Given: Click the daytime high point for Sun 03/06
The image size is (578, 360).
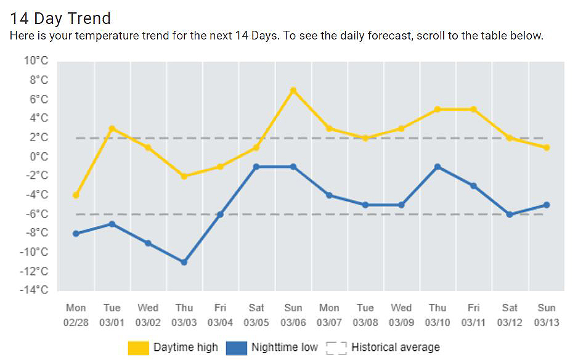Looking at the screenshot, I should click(293, 91).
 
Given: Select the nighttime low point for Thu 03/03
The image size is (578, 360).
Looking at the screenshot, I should click(184, 262).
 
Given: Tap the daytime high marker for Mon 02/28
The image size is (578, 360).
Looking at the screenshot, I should click(76, 195).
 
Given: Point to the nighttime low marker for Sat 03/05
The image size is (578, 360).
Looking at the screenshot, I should click(256, 167).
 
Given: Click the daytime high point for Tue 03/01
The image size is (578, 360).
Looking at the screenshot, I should click(112, 128).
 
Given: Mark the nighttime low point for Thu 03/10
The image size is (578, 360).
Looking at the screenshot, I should click(438, 167).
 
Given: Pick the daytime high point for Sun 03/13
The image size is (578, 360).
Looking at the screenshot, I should click(546, 147).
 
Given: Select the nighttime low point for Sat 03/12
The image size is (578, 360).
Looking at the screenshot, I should click(510, 215).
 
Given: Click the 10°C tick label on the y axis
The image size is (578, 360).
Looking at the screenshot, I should click(36, 60).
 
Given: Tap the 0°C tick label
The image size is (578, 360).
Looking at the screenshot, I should click(38, 157).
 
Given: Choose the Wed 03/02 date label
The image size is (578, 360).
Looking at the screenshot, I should click(148, 315).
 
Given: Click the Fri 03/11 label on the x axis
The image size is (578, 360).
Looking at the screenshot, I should click(474, 315).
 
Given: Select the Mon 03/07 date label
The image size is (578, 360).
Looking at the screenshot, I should click(329, 315).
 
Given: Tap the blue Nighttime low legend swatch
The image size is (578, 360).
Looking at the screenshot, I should click(236, 348).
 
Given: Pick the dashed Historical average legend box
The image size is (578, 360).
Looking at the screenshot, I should click(336, 348).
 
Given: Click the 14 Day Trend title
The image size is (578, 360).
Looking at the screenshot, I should click(60, 18).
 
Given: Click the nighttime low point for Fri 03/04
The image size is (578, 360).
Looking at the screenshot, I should click(220, 215).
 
